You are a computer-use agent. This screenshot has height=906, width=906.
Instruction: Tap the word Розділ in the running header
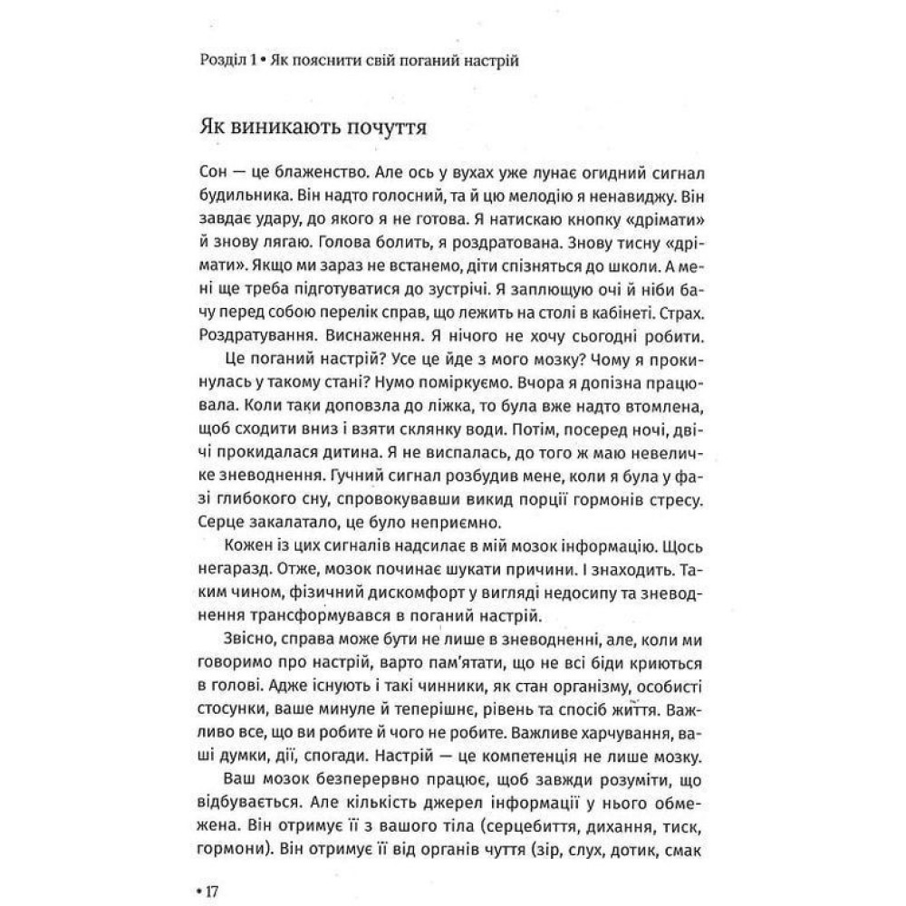219,61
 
